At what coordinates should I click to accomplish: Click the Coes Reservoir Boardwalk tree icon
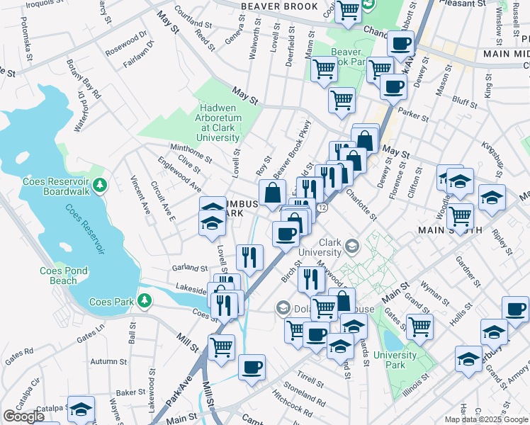(101, 185)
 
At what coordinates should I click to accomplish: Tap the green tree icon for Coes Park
(145, 301)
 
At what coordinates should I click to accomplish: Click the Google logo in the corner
(24, 416)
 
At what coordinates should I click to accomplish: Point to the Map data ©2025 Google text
(486, 419)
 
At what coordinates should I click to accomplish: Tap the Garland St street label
(189, 268)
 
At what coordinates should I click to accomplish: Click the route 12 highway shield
(322, 208)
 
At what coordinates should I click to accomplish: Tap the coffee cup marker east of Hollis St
(515, 308)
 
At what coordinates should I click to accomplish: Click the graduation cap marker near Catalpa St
(81, 409)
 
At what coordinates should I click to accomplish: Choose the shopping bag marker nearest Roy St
(273, 192)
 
